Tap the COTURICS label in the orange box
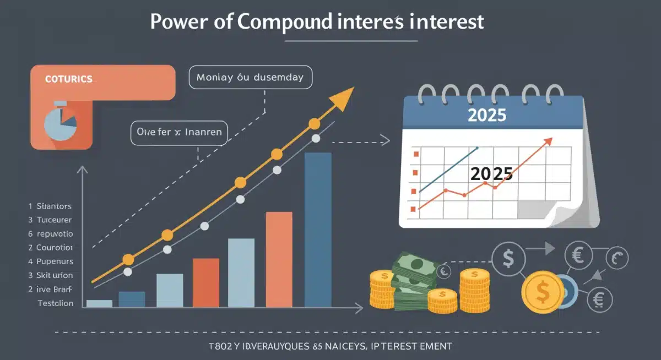[x=68, y=79]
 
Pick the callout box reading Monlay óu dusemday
[x=250, y=78]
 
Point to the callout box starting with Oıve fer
[x=179, y=132]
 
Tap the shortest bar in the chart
[x=99, y=303]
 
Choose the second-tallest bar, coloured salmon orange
[x=279, y=259]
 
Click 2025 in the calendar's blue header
[x=486, y=115]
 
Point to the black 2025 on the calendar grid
[x=491, y=174]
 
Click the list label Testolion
[x=55, y=303]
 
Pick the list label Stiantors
[x=54, y=206]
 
